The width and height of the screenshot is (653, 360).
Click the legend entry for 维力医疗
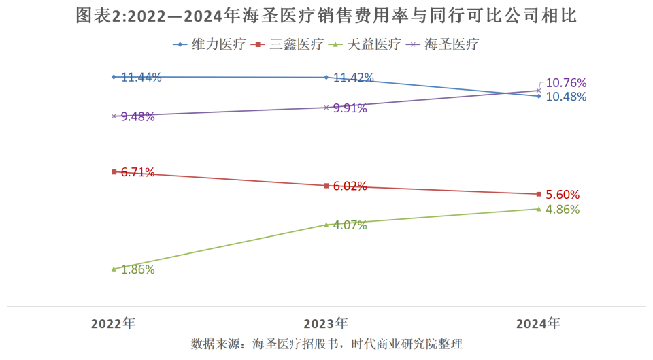(x=209, y=45)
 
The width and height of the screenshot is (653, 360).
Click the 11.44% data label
(x=141, y=78)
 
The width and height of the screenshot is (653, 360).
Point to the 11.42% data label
(x=353, y=78)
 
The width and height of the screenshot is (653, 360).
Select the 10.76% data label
(x=566, y=83)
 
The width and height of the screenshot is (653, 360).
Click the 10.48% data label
(x=566, y=97)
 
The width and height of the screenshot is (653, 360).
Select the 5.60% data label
(x=563, y=195)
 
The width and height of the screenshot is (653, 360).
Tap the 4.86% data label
(x=563, y=210)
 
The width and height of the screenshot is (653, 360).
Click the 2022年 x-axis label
(x=114, y=324)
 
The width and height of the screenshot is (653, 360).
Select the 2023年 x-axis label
(x=326, y=324)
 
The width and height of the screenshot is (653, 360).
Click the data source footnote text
(x=326, y=344)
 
